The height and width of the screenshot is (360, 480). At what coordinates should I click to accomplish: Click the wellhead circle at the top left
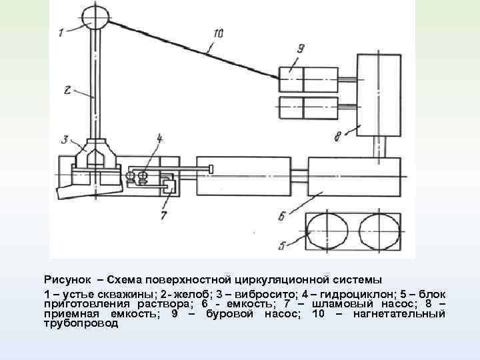click(x=95, y=17)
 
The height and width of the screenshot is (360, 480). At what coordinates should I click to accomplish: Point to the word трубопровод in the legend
click(x=81, y=323)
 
